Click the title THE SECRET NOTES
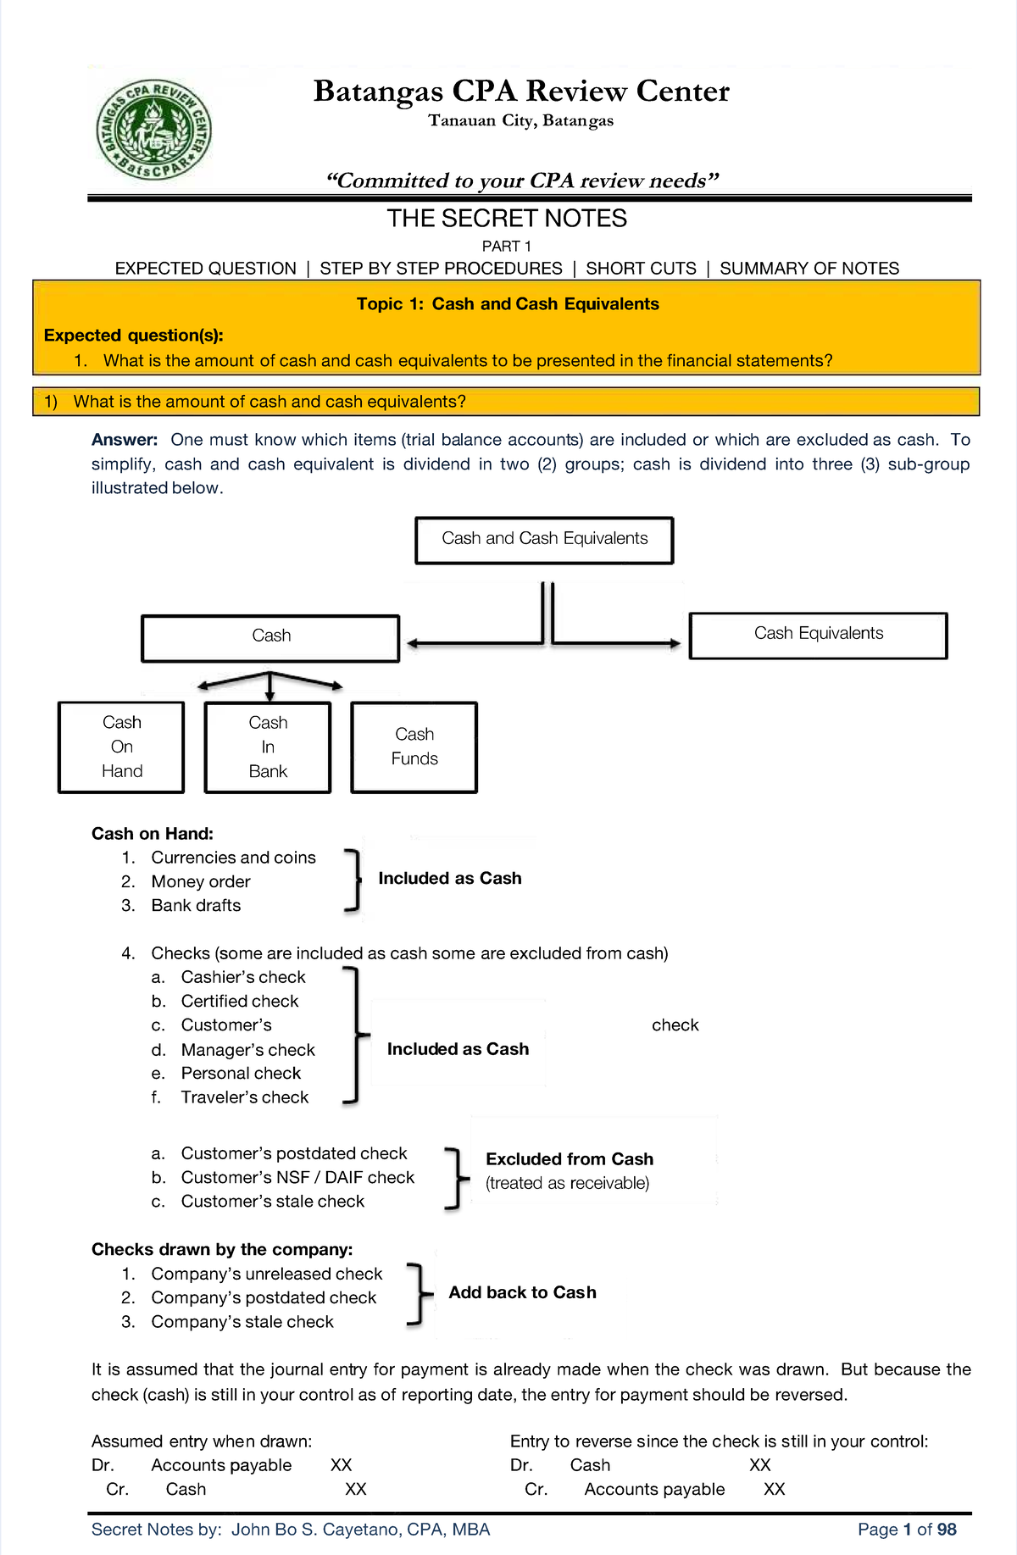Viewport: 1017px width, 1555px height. coord(507,219)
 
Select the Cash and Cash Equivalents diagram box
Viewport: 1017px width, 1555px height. coord(544,540)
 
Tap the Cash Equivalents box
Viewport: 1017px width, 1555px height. coord(818,635)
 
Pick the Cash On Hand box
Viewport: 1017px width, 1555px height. coord(121,747)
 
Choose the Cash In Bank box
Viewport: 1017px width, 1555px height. coord(268,747)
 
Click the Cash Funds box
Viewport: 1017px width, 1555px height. coord(414,747)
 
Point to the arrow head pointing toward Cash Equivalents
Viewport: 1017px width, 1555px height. coord(675,644)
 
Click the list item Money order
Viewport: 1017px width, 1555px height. coord(200,881)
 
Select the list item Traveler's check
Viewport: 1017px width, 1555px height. coord(244,1097)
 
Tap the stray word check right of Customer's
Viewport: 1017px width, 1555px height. coord(675,1025)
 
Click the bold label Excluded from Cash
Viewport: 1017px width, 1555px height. coord(570,1159)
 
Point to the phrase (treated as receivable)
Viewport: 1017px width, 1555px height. coord(567,1183)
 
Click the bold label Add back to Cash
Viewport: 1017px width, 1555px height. coord(522,1292)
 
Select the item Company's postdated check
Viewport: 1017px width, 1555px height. coord(264,1297)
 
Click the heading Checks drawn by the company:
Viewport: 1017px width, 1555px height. coord(222,1249)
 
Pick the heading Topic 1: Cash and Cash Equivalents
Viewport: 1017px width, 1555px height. coord(507,304)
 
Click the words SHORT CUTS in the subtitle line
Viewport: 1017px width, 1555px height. coord(641,269)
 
